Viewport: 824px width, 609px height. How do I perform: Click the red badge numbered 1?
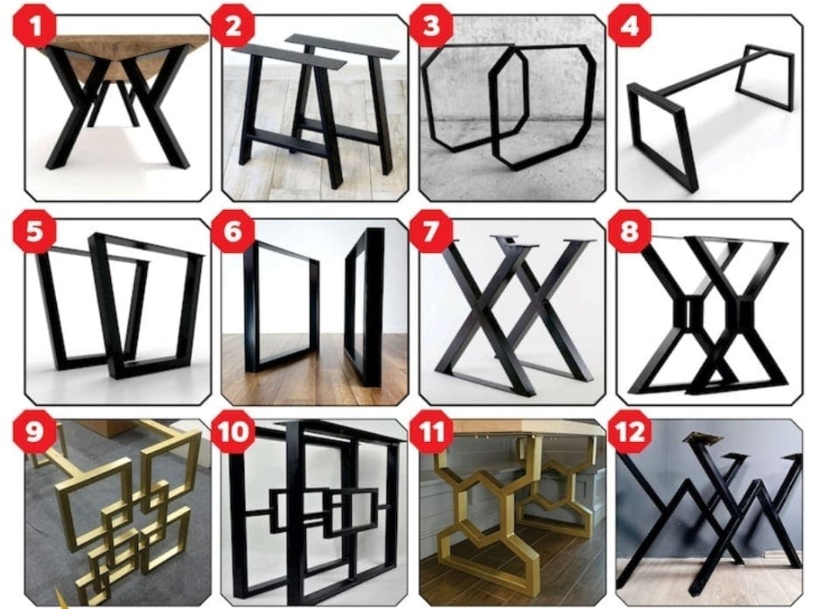(x=32, y=29)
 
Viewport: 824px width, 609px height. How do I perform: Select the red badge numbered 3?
(x=430, y=28)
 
